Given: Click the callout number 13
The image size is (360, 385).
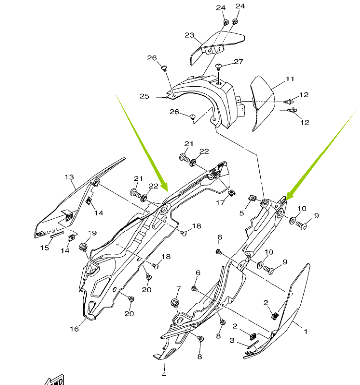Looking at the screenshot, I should (x=69, y=177).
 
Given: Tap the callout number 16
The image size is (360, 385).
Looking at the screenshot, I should (x=74, y=329).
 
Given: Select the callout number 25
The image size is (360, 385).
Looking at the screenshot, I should (x=144, y=96).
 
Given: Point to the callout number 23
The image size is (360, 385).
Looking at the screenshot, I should (x=189, y=35).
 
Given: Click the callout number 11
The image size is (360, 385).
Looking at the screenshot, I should (x=290, y=79).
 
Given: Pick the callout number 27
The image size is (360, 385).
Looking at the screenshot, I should (x=238, y=62).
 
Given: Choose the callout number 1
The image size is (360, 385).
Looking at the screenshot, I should (x=306, y=331).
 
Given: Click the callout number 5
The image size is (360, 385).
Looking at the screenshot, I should (x=242, y=213).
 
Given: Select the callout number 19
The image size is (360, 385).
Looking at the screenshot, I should (x=92, y=233).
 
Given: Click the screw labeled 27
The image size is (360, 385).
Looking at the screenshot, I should (x=219, y=67).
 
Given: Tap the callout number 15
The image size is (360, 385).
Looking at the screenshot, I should (x=45, y=247).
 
